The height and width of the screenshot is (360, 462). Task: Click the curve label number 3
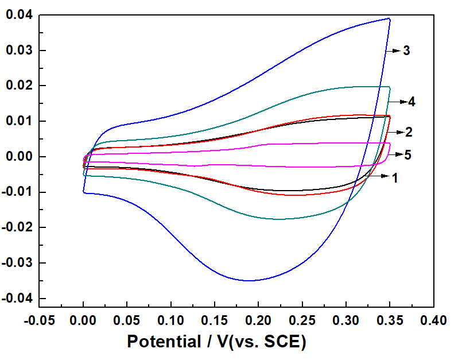point(406,51)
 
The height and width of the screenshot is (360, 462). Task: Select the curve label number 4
point(412,102)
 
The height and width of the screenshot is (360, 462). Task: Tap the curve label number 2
point(409,132)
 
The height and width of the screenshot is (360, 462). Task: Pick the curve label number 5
point(408,155)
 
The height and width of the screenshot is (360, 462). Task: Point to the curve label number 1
point(395,178)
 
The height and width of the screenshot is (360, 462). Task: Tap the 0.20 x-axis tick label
point(258,320)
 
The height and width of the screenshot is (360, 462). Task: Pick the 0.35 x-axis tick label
point(390,320)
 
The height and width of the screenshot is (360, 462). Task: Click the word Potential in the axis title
point(162,342)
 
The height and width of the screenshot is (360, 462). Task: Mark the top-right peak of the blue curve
point(390,19)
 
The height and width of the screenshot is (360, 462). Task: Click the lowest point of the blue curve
point(250,281)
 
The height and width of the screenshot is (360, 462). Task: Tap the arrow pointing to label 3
point(396,51)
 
